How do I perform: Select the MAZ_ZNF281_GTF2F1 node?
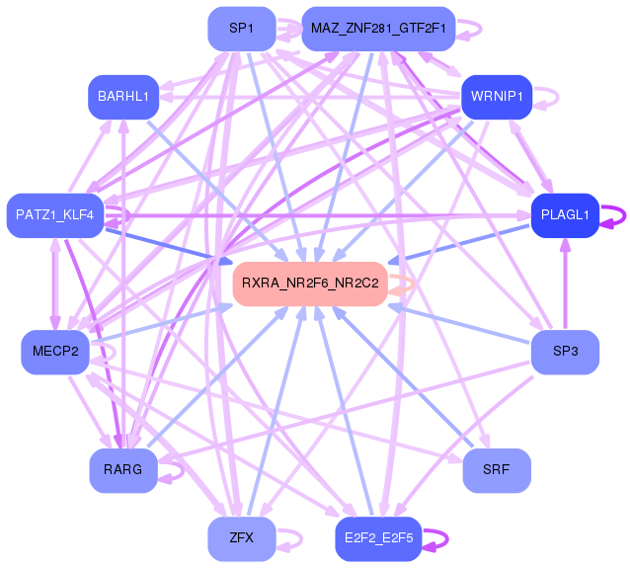pyautogui.click(x=378, y=29)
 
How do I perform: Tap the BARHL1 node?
pyautogui.click(x=122, y=97)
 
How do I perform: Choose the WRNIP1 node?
pyautogui.click(x=497, y=97)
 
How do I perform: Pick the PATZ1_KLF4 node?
pyautogui.click(x=54, y=214)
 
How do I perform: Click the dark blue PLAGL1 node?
pyautogui.click(x=565, y=214)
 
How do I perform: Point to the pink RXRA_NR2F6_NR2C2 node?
pyautogui.click(x=310, y=284)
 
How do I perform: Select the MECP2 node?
pyautogui.click(x=54, y=353)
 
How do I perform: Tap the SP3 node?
pyautogui.click(x=565, y=353)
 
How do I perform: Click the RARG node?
pyautogui.click(x=122, y=470)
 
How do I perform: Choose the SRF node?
pyautogui.click(x=497, y=470)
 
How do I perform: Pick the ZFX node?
pyautogui.click(x=241, y=538)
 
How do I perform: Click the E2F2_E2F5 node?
pyautogui.click(x=378, y=538)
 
